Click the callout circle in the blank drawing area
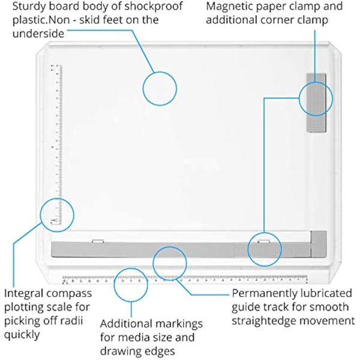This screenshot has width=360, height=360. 160,89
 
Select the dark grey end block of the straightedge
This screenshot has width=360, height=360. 319,245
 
